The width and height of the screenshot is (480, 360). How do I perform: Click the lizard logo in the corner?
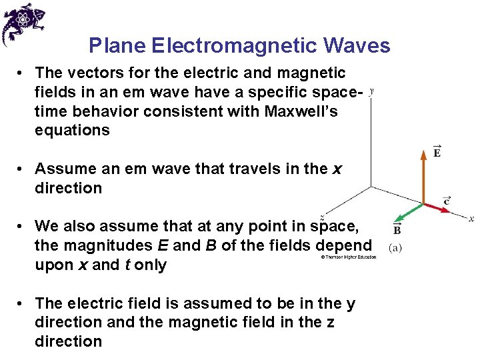(23, 23)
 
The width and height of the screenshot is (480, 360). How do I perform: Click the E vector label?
(437, 152)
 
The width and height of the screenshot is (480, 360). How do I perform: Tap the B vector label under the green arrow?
(397, 231)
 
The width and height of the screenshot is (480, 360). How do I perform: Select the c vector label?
(447, 200)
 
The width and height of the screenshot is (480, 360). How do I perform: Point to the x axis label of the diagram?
(471, 218)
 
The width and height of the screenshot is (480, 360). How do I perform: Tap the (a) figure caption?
(395, 247)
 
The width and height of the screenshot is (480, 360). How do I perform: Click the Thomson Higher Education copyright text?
(348, 257)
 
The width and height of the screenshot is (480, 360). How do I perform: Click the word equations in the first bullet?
(72, 130)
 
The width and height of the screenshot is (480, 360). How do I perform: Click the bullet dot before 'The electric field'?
(22, 304)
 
